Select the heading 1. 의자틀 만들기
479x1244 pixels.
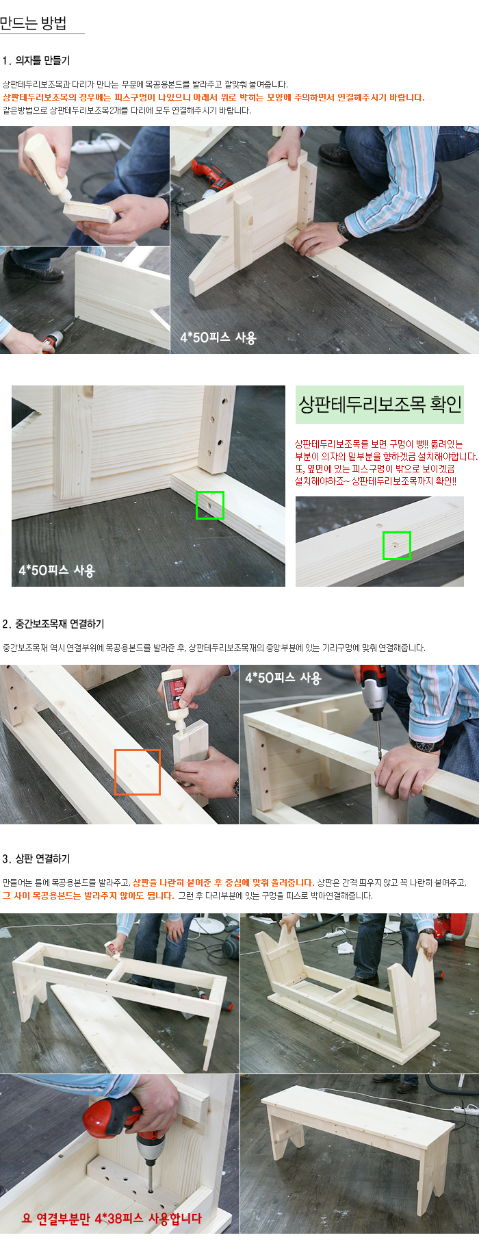36,60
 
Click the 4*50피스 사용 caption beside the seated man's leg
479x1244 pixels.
218,338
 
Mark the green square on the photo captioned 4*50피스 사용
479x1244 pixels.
210,505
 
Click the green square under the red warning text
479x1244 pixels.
397,546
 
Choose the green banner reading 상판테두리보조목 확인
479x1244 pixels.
380,405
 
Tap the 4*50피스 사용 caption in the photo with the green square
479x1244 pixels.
57,570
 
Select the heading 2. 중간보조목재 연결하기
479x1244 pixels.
53,624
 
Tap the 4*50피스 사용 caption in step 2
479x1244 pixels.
283,678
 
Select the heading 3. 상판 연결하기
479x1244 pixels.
36,859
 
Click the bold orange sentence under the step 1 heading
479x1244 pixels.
213,97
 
